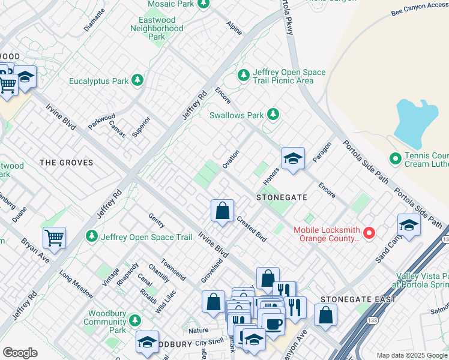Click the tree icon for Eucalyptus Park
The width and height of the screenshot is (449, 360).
pyautogui.click(x=137, y=80)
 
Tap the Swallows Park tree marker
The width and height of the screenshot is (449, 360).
pyautogui.click(x=273, y=114)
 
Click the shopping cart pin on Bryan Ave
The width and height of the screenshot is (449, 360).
pyautogui.click(x=54, y=238)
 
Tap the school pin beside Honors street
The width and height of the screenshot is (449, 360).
pyautogui.click(x=293, y=158)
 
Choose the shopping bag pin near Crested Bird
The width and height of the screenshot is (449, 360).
pyautogui.click(x=222, y=211)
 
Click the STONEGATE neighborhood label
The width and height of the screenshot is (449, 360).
pyautogui.click(x=282, y=197)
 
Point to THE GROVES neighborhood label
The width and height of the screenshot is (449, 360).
pyautogui.click(x=66, y=163)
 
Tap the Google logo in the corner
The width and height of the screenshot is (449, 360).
pyautogui.click(x=20, y=353)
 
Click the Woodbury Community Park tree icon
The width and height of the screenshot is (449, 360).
pyautogui.click(x=136, y=320)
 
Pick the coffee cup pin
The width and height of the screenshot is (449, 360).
pyautogui.click(x=273, y=323)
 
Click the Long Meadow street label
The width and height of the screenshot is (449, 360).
pyautogui.click(x=76, y=284)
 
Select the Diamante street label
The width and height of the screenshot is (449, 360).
pyautogui.click(x=94, y=22)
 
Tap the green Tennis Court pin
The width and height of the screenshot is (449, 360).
pyautogui.click(x=395, y=159)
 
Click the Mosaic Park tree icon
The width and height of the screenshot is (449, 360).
pyautogui.click(x=203, y=4)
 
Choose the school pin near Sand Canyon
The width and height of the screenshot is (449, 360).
pyautogui.click(x=409, y=225)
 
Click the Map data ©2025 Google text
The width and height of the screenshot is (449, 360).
pyautogui.click(x=411, y=355)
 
